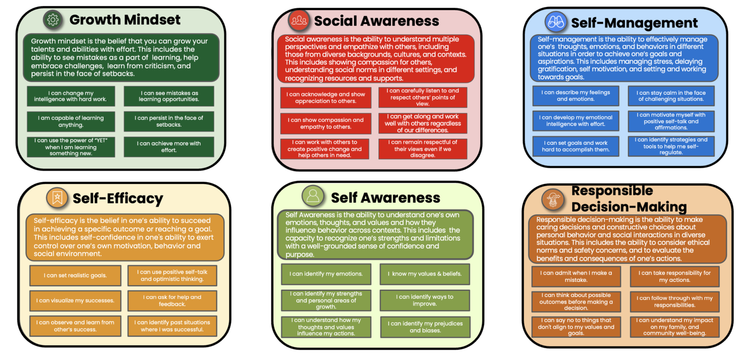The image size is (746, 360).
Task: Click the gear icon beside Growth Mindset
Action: [x=53, y=19]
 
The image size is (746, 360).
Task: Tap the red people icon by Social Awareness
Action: [x=299, y=20]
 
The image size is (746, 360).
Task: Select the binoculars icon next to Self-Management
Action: [x=556, y=22]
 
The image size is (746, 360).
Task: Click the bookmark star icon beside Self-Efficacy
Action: [x=57, y=198]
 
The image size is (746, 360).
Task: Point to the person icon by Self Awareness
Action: [x=313, y=195]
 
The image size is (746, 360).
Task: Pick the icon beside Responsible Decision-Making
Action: [x=553, y=200]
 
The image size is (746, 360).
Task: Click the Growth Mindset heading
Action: [x=125, y=19]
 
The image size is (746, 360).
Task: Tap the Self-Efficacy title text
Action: [x=118, y=198]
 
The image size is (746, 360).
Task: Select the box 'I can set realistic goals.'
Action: [x=75, y=275]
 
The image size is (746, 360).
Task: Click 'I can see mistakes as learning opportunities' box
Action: [x=169, y=96]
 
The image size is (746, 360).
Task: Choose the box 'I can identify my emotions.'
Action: [x=326, y=274]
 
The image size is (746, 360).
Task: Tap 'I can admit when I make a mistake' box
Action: [x=576, y=276]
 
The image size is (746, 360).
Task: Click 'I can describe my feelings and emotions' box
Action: [x=575, y=96]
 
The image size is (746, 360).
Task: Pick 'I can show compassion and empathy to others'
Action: [x=326, y=123]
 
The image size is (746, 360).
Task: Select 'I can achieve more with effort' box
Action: [x=169, y=146]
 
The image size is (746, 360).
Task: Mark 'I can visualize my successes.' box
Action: [x=75, y=301]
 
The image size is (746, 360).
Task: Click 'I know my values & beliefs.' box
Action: [x=425, y=274]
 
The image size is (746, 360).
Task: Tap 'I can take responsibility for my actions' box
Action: [x=674, y=276]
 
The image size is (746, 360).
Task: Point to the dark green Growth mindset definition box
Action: [x=121, y=57]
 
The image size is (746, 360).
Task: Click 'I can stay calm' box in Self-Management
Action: [x=671, y=96]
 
